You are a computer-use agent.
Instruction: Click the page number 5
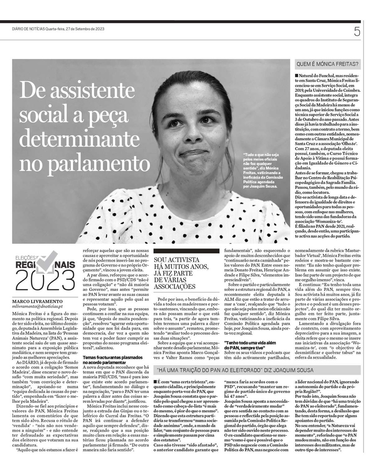357,32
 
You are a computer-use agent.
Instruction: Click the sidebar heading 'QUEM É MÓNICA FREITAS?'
328,64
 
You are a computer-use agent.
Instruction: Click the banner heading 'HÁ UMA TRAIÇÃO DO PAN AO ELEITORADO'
235,370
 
